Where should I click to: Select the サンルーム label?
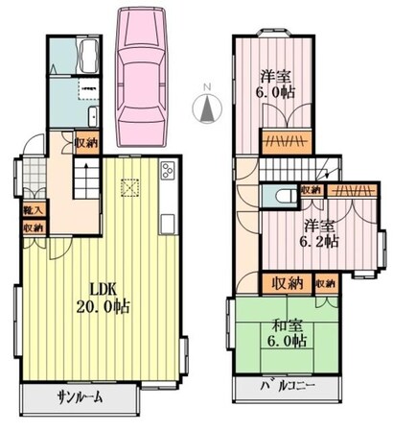point(79,397)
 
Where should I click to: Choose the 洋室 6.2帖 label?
point(320,234)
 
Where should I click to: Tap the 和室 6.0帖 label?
point(288,332)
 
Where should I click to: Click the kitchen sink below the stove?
point(167,224)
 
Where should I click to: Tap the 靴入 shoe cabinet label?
point(32,208)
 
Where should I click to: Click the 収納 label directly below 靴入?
point(32,227)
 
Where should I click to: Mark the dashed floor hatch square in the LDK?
point(129,187)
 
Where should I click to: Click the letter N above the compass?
point(204,87)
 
